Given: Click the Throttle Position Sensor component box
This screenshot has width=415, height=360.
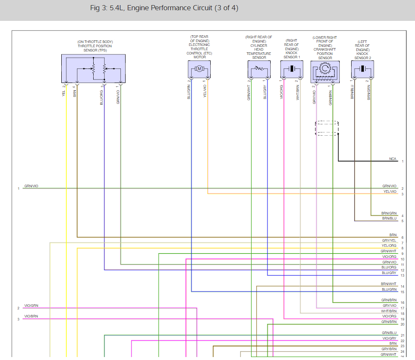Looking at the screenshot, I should click(x=93, y=68).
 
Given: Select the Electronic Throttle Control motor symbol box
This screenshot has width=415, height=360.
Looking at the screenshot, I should click(x=199, y=69).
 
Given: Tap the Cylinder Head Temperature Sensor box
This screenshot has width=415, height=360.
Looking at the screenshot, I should click(x=259, y=69).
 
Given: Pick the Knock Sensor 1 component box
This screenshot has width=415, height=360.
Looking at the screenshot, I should click(x=292, y=69).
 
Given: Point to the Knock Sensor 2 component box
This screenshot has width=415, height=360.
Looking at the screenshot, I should click(x=363, y=69).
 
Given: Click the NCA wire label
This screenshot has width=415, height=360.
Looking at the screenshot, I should click(x=392, y=159).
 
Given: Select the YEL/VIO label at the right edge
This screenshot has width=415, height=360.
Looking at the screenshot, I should click(x=389, y=191).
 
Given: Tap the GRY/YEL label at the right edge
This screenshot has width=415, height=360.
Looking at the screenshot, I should click(x=389, y=241).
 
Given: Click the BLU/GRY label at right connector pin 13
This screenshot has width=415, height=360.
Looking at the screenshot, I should click(x=389, y=272).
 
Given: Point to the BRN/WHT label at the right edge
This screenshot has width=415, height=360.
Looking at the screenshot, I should click(x=389, y=284).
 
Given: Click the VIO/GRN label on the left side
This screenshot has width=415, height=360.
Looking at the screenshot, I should click(x=31, y=306).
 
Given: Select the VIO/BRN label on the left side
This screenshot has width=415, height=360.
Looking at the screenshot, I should click(x=31, y=317).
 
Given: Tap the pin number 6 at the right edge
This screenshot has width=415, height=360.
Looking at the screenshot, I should click(x=402, y=237).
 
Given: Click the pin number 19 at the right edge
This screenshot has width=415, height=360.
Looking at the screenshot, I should click(x=402, y=319).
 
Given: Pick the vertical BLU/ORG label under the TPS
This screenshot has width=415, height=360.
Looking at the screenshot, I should click(x=102, y=97).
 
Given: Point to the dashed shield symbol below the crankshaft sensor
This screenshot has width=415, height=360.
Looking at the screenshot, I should click(x=327, y=129).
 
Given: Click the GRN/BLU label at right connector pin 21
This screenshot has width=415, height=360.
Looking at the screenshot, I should click(x=389, y=333).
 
